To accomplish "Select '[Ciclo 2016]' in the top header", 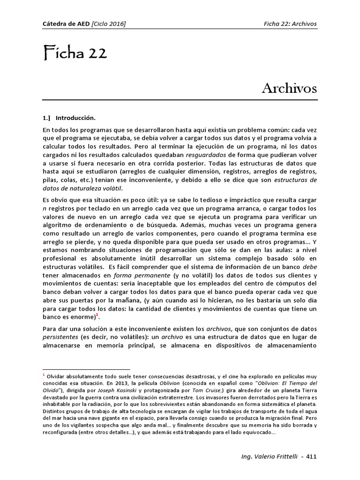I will (109, 23).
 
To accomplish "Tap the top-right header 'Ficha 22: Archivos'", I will (290, 23).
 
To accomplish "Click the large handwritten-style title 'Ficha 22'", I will (75, 53).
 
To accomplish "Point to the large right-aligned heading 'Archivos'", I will (289, 88).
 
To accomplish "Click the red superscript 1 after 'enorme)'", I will (97, 316).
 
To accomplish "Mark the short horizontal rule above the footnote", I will (86, 370).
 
